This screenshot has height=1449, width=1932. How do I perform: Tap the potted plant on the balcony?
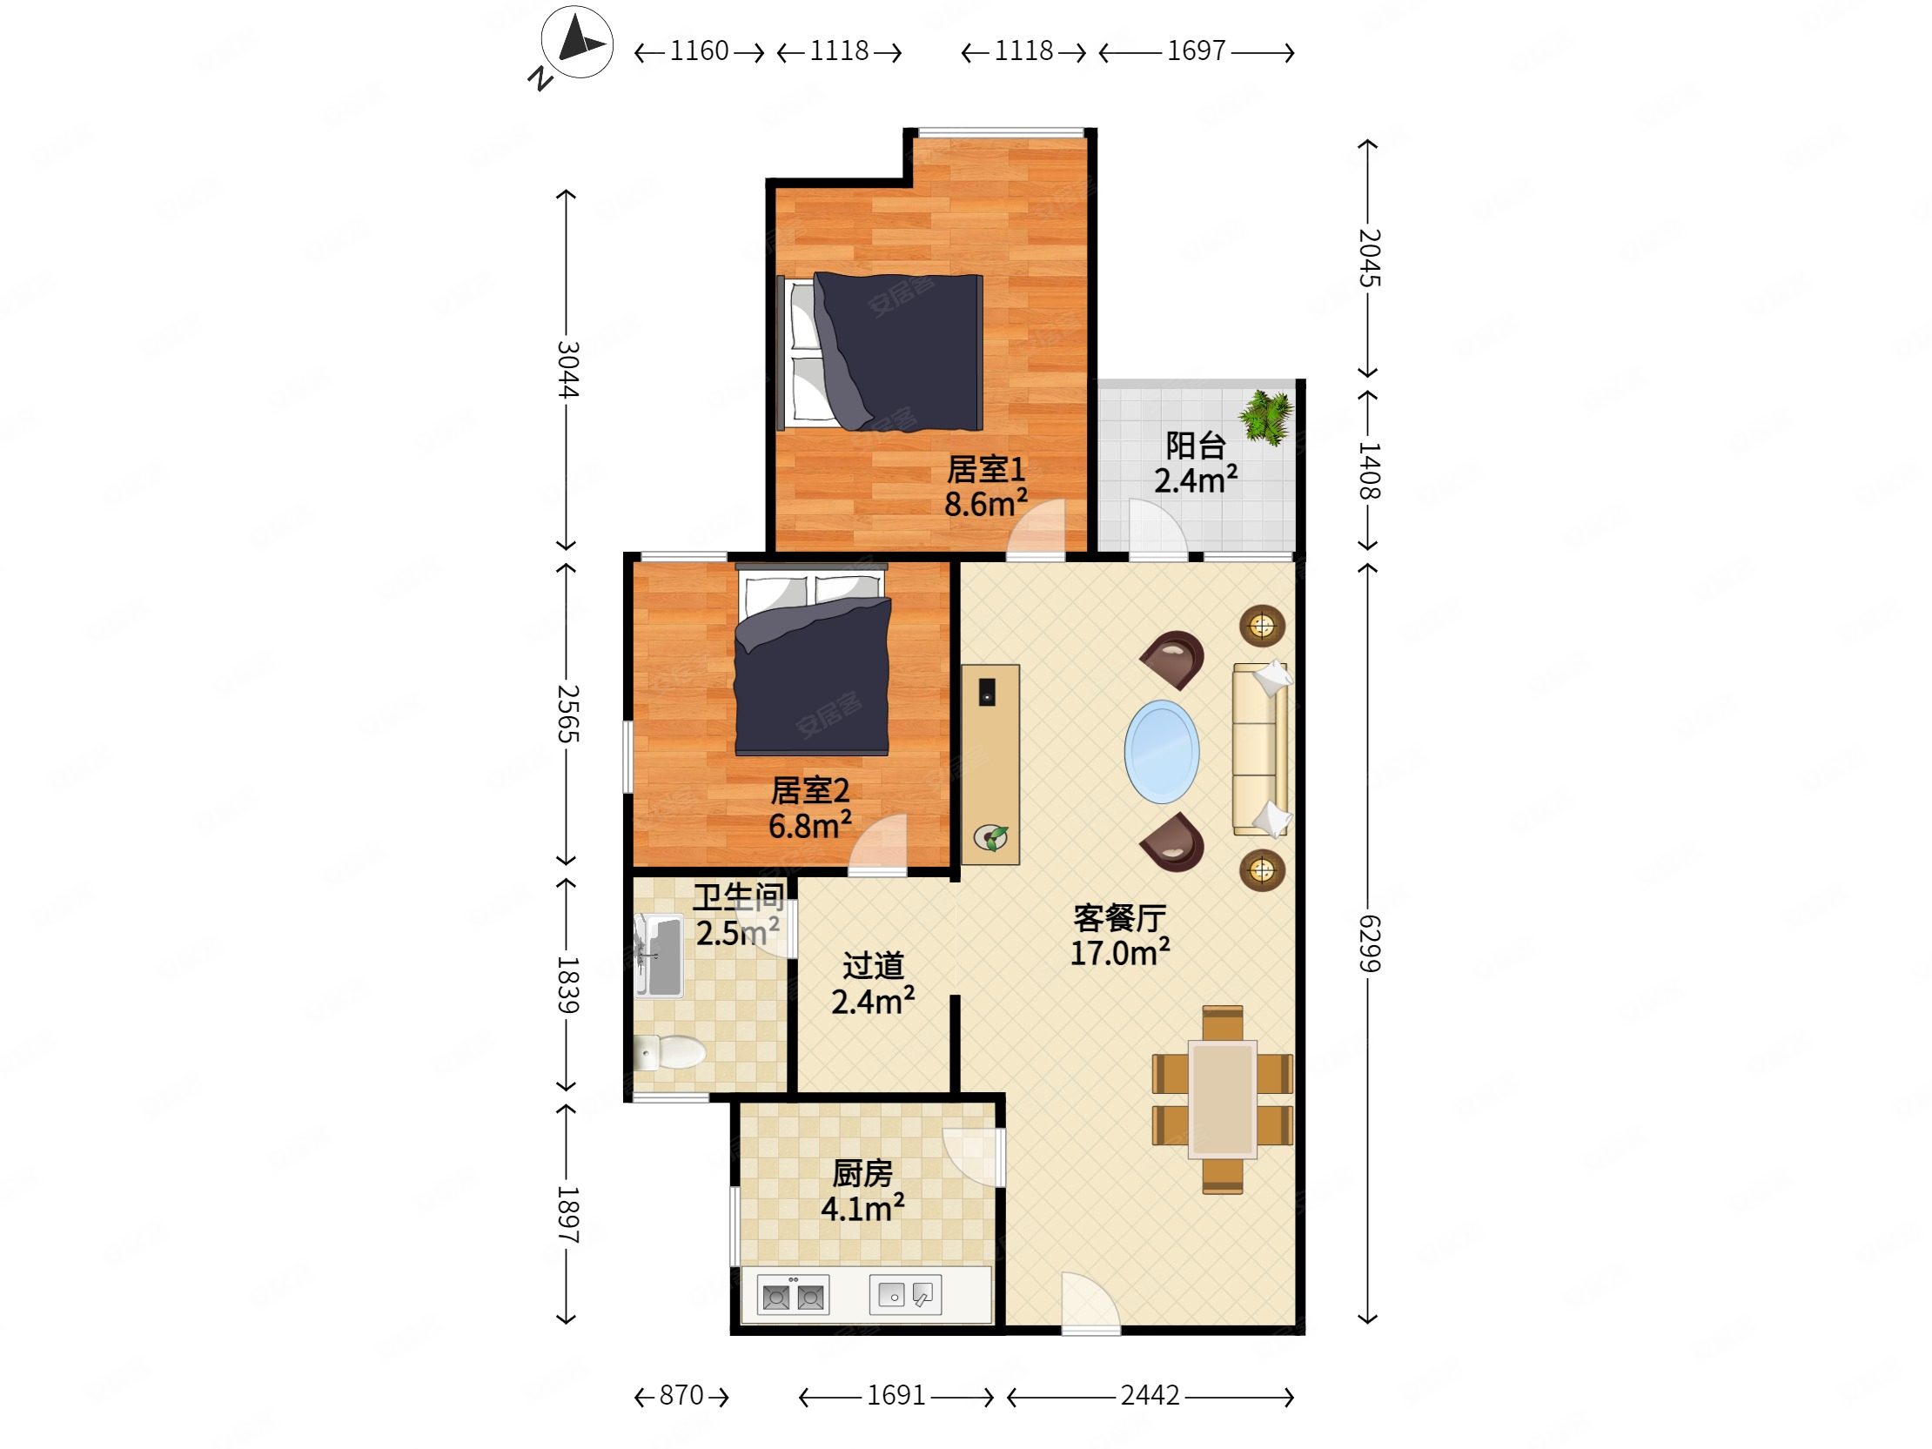point(1266,417)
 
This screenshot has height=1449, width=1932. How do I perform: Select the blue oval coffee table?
point(1162,751)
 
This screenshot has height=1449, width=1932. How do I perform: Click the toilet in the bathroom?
point(669,1052)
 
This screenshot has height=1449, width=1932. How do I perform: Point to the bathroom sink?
point(659,956)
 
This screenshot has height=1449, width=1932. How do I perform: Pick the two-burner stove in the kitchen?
point(793,1295)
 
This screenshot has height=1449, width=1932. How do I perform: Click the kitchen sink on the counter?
point(906,1293)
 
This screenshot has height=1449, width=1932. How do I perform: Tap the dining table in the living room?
point(1222,1099)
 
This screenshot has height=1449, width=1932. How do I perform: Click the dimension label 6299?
point(1369,943)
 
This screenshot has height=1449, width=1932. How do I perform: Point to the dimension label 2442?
point(1150,1395)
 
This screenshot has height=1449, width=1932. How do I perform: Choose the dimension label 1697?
point(1197,50)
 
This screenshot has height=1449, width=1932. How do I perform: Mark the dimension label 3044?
point(567,370)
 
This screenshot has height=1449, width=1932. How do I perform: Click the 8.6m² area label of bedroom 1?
point(985,503)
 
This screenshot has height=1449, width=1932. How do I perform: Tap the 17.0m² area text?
point(1120,952)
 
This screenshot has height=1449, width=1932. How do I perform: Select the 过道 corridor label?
point(873,966)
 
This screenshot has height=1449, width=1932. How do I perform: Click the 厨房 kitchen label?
point(862,1173)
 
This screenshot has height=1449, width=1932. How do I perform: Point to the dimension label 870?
point(681,1395)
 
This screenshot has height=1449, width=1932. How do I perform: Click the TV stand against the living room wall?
point(990,765)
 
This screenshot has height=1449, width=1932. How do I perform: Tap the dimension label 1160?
point(699,50)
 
